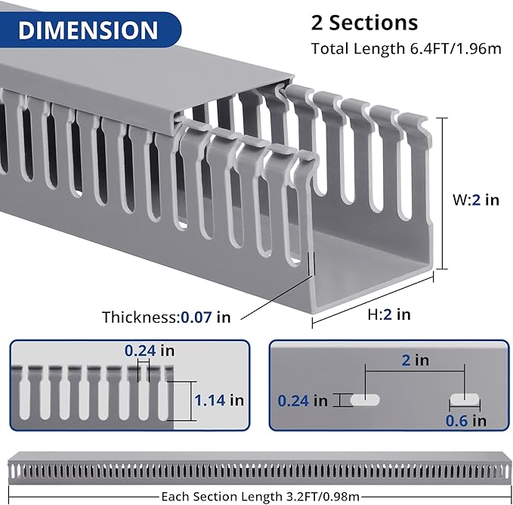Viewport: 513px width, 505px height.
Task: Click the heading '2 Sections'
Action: pyautogui.click(x=365, y=22)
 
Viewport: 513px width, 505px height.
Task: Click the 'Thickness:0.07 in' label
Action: pyautogui.click(x=166, y=318)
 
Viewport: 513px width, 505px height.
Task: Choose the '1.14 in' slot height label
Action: pyautogui.click(x=219, y=400)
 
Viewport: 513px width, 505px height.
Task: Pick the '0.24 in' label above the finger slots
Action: pyautogui.click(x=149, y=351)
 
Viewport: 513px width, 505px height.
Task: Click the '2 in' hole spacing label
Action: pyautogui.click(x=416, y=360)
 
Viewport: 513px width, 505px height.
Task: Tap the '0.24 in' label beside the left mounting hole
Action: pyautogui.click(x=303, y=400)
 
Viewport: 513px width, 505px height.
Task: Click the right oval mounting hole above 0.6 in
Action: pyautogui.click(x=464, y=400)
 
